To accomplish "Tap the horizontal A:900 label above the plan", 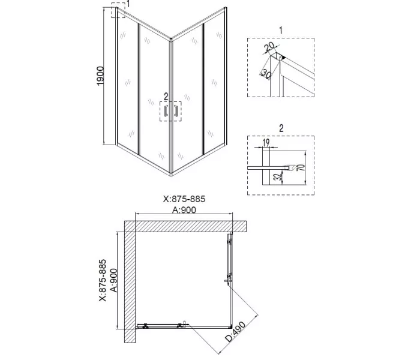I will pos(185,210).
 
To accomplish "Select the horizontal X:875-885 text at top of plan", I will pos(185,200).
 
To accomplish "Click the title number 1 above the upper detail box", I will pos(281,29).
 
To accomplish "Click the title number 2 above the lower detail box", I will pos(281,128).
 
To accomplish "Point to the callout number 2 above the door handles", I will pos(165,96).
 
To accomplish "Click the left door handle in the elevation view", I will pos(166,111).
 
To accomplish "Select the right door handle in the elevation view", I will pos(176,111).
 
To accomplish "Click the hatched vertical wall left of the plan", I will pos(129,288).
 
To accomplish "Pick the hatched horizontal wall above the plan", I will pos(186,226).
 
